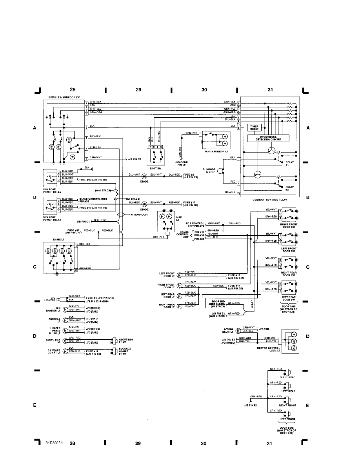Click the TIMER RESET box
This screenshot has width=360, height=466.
click(x=254, y=128)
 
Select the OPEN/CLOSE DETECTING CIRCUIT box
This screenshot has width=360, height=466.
click(x=268, y=138)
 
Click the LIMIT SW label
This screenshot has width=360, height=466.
click(x=156, y=168)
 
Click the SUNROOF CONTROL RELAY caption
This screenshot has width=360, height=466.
click(x=270, y=200)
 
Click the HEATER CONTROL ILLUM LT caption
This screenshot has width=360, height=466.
click(x=268, y=349)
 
